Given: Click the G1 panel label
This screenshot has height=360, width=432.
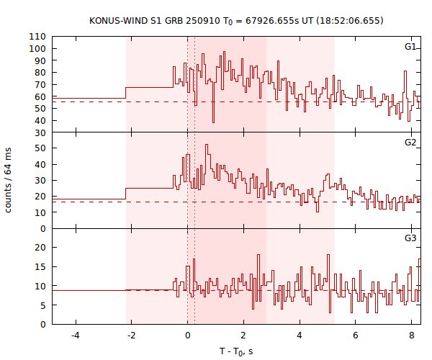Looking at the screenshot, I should (410, 47).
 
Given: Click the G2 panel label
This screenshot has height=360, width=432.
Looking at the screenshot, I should (410, 143).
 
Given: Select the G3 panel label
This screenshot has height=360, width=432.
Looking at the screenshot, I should (410, 238).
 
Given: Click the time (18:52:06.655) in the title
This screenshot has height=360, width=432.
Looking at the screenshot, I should (348, 20).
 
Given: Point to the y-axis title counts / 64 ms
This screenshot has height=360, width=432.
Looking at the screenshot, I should (9, 180).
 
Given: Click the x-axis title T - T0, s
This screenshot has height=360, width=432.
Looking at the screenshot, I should (236, 351).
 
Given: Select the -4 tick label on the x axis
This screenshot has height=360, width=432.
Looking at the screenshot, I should (75, 335).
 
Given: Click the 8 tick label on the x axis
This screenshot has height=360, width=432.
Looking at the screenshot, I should (411, 335).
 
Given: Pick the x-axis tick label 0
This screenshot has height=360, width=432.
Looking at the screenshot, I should (187, 335).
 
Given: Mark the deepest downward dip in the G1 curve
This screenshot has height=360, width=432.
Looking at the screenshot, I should (213, 122).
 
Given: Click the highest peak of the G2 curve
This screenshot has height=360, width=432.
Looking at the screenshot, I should (207, 145).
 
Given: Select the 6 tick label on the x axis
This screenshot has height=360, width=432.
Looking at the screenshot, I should (355, 335).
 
